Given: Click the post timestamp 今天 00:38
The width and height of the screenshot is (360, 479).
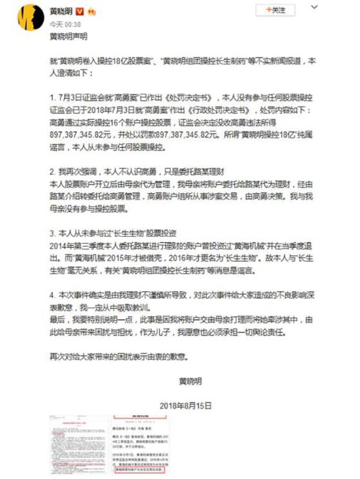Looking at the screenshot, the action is (65, 23).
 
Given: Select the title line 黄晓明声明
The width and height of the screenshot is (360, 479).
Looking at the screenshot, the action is (69, 37).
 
